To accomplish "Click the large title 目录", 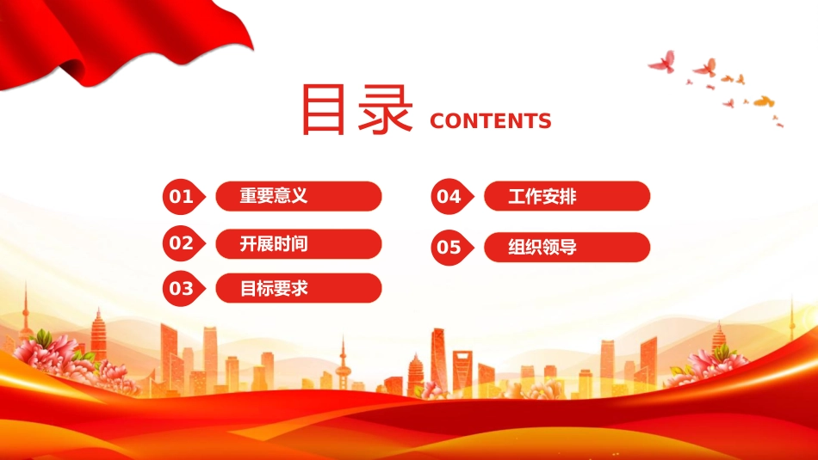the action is click(x=356, y=110).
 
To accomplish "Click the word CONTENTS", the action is click(x=491, y=121).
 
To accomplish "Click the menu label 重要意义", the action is click(x=274, y=196).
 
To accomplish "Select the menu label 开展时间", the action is click(x=274, y=244).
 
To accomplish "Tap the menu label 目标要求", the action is click(x=274, y=288).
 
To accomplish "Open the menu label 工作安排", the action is click(x=542, y=196).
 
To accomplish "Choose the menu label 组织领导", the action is click(x=542, y=247).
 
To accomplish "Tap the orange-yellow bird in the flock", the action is click(x=764, y=101).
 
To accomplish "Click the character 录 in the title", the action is click(x=385, y=110).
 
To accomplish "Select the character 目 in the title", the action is click(x=324, y=110).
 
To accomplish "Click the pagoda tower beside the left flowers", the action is click(x=99, y=334).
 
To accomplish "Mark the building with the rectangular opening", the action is click(x=462, y=371).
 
